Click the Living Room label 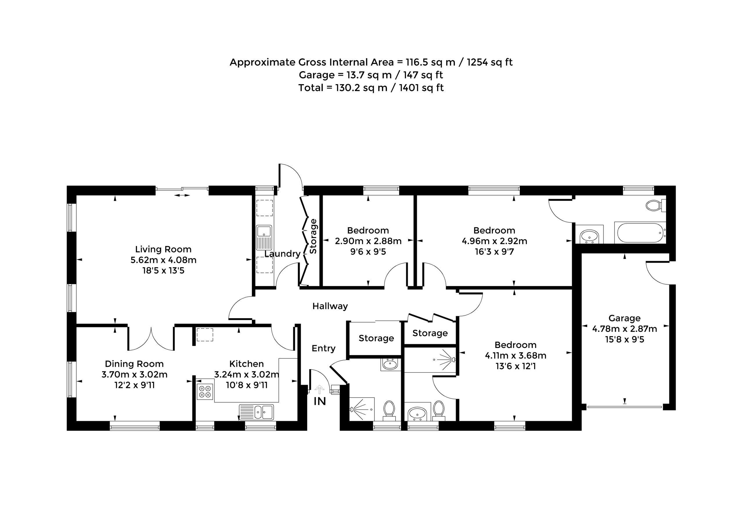(x=163, y=249)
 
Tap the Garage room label (x=624, y=318)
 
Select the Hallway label (x=330, y=306)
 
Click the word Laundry (x=282, y=254)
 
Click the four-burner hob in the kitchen (x=205, y=391)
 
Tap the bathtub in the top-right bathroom (x=640, y=232)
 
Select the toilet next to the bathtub (x=655, y=205)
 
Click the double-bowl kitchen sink (x=256, y=412)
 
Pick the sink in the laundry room (x=264, y=237)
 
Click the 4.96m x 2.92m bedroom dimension (x=494, y=241)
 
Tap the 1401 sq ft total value (x=421, y=88)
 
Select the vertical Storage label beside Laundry (x=313, y=236)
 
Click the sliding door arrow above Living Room (x=182, y=195)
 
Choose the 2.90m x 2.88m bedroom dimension (x=368, y=241)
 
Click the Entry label (x=323, y=349)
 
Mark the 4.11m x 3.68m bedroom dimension (x=515, y=356)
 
